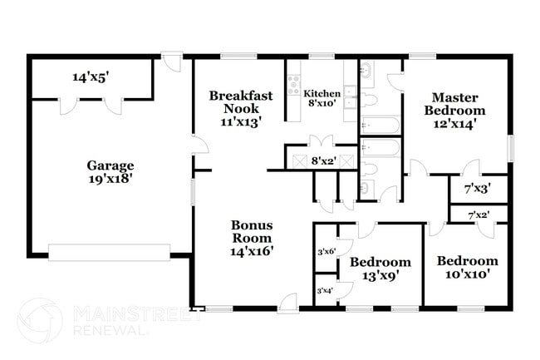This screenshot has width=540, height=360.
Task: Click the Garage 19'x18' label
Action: pos(110,172)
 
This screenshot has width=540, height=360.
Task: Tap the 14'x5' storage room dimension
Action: pos(91,77)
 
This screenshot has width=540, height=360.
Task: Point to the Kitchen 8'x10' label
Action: pos(322,98)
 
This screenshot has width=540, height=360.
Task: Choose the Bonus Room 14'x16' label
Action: pos(252,238)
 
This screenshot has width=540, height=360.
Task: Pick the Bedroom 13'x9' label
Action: pos(380,269)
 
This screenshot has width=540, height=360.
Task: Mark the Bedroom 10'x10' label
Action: pos(468,267)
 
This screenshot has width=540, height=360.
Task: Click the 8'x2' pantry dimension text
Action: pos(323,161)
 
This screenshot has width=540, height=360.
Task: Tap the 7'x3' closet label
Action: pos(478,189)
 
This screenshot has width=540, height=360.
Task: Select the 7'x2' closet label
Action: pos(479,215)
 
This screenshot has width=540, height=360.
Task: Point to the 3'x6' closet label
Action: pos(326,252)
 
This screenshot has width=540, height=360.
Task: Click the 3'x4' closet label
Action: pos(325,291)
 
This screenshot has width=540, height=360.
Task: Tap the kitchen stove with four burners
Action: pos(294,85)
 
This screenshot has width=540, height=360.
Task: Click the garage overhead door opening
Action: pos(109,253)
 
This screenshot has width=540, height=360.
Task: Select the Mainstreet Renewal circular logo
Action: pos(40,320)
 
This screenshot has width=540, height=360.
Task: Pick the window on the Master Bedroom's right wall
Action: pos(511,148)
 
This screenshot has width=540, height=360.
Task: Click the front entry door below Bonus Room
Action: pos(287,303)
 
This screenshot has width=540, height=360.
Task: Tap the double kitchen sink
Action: pos(351,96)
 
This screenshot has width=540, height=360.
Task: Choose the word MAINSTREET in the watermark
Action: pos(138,314)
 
